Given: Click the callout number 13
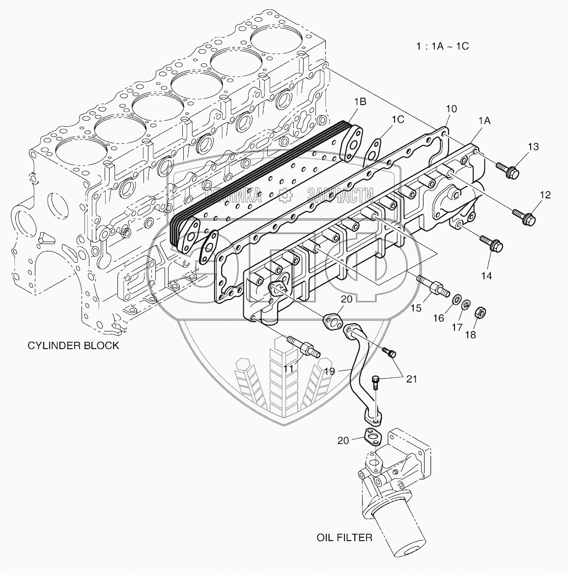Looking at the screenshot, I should click(x=533, y=147).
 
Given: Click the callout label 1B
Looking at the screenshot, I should click(x=360, y=102).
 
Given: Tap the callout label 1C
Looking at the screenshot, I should click(x=398, y=118).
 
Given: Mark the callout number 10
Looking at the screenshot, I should click(x=451, y=109).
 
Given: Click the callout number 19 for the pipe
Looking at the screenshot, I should click(x=329, y=371).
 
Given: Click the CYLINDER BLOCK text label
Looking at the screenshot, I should click(x=73, y=345).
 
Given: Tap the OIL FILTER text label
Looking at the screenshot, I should click(x=344, y=537).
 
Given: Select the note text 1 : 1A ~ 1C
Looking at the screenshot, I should click(x=441, y=46).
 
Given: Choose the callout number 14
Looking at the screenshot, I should click(x=486, y=276).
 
